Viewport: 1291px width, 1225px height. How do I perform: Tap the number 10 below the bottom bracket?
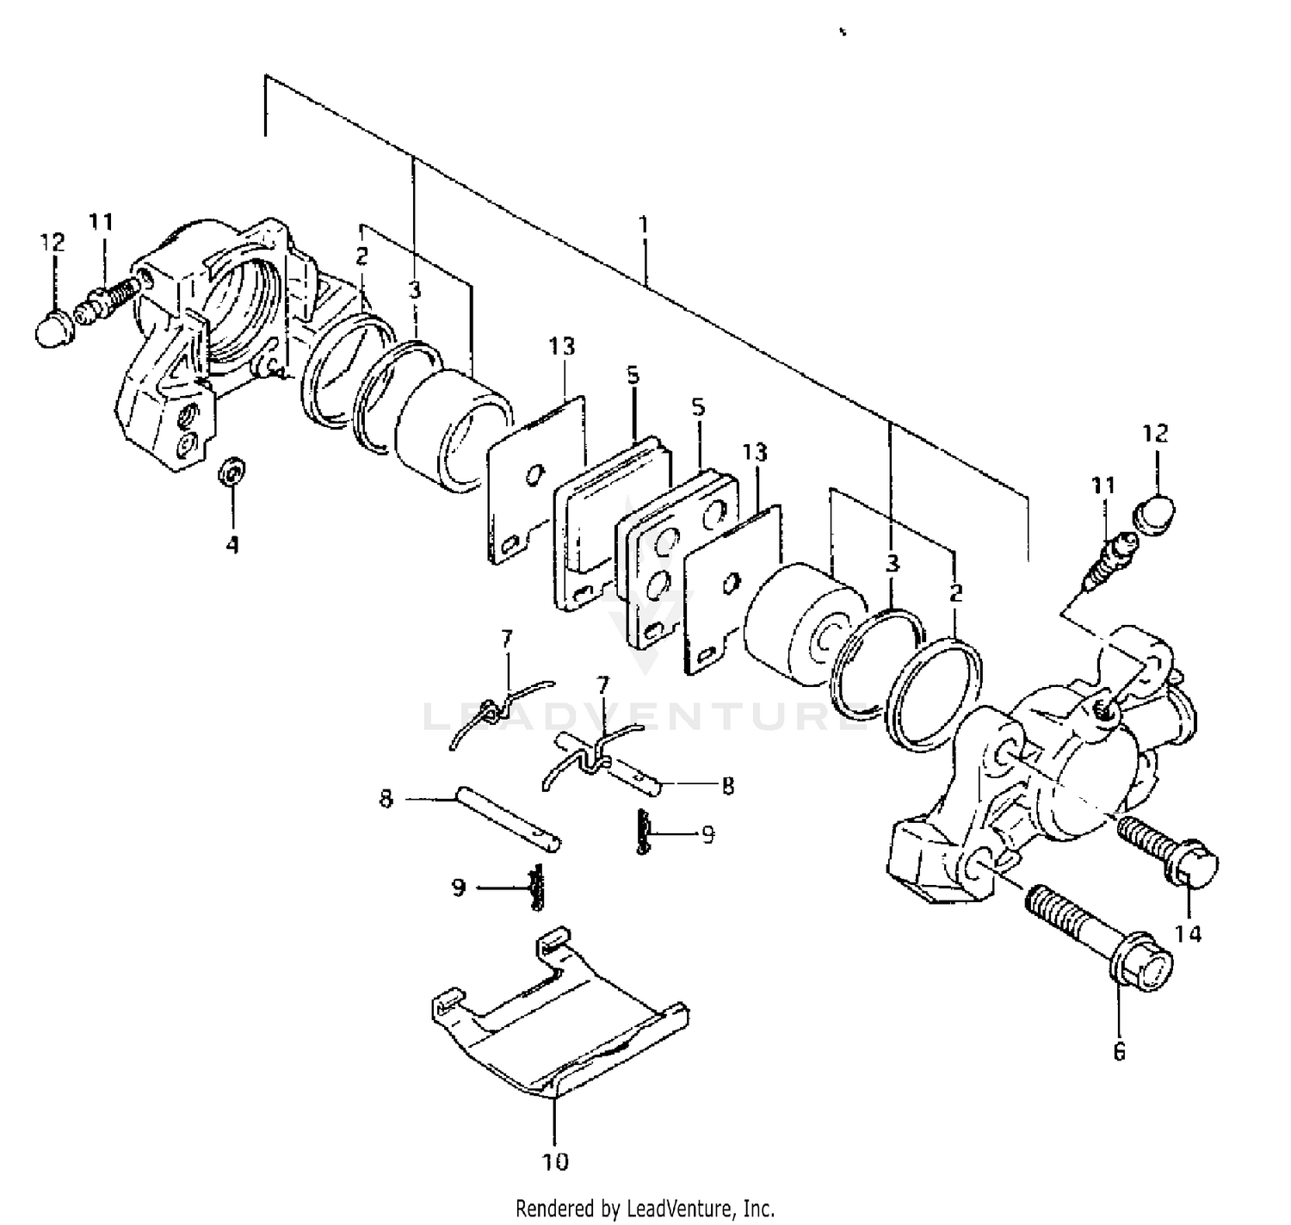[556, 1161]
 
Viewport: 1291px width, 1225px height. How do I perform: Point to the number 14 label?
[1188, 933]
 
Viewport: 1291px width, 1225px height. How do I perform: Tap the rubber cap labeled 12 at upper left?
[57, 328]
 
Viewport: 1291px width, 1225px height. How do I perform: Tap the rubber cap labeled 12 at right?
[1154, 513]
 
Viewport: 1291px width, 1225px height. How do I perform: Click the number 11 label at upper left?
[101, 222]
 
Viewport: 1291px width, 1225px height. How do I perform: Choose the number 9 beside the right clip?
[707, 834]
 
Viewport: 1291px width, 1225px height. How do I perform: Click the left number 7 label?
[507, 638]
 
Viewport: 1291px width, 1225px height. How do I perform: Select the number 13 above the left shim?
[564, 346]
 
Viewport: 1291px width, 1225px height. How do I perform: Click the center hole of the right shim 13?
[732, 583]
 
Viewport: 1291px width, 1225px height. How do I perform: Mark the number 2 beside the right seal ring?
[955, 592]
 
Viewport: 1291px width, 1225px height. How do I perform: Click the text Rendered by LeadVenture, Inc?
[645, 1208]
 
